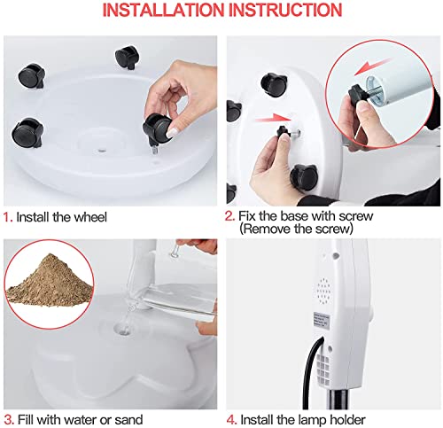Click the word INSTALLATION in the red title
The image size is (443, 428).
click(163, 10)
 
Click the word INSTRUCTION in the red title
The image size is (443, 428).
click(285, 10)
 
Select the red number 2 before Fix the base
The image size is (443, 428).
click(229, 216)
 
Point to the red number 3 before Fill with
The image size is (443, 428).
click(9, 419)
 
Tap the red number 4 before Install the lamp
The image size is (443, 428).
click(231, 419)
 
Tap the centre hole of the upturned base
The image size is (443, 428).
click(102, 151)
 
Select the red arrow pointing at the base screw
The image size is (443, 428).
click(273, 118)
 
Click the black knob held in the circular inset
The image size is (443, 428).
click(355, 94)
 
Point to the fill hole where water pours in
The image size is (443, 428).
click(122, 328)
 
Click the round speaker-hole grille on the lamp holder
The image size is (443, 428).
click(325, 291)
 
